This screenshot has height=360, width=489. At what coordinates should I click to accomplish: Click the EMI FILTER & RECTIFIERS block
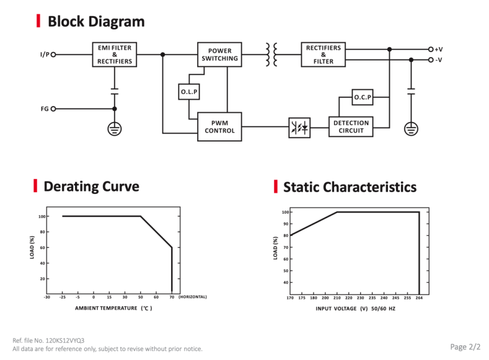[115, 54]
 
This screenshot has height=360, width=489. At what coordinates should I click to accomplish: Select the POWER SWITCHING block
[220, 54]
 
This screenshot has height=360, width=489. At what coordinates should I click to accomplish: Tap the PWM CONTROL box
[220, 127]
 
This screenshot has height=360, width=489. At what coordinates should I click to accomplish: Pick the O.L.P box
[189, 92]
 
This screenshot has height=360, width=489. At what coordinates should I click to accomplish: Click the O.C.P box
[362, 97]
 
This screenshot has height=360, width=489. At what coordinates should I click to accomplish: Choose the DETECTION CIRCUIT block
[351, 127]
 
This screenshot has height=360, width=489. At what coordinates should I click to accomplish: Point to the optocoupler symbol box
[299, 128]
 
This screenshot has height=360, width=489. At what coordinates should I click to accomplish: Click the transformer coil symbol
[271, 54]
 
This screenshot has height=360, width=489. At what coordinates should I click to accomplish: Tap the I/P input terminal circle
[53, 54]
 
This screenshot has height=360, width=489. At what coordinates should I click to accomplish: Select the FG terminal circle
[53, 109]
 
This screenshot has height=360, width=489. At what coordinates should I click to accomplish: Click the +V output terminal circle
[431, 49]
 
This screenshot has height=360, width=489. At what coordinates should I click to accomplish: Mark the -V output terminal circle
[431, 60]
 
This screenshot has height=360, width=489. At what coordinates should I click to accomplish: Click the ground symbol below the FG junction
[115, 129]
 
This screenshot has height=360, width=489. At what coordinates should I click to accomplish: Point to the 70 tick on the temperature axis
[172, 297]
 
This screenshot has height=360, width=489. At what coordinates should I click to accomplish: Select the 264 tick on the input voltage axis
[419, 298]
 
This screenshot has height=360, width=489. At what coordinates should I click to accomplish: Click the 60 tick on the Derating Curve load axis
[42, 248]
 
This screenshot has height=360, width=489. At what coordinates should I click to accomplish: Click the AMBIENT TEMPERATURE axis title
[106, 308]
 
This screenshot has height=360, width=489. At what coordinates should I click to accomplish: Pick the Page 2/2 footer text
[465, 347]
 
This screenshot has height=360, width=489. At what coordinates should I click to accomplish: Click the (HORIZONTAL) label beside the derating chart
[192, 296]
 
